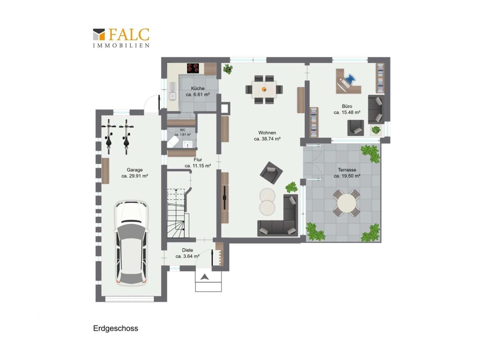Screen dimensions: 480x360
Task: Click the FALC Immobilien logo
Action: (x=121, y=38)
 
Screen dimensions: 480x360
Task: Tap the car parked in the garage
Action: (x=131, y=243)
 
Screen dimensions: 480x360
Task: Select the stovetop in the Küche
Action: (x=193, y=68)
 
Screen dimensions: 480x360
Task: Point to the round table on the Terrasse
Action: (x=346, y=203)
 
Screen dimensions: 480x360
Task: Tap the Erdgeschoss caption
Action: (x=116, y=328)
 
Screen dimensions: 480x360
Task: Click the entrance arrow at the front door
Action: (x=204, y=277)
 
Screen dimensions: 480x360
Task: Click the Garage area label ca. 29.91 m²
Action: (x=135, y=176)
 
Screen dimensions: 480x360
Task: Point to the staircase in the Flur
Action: (x=178, y=213)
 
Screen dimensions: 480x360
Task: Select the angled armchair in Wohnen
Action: (x=271, y=173)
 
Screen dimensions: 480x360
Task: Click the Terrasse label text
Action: (x=347, y=170)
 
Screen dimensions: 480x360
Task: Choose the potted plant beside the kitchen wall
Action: (x=228, y=69)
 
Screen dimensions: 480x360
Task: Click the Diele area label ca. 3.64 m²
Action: (x=188, y=256)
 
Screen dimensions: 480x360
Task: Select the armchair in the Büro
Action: (x=356, y=128)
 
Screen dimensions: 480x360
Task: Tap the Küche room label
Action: (x=198, y=88)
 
